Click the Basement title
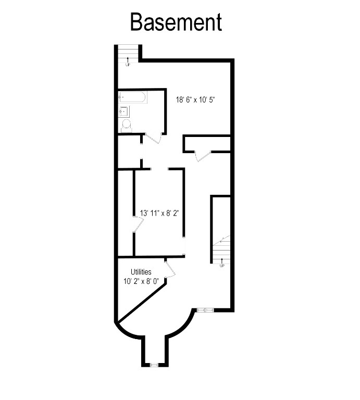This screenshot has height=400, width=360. (176, 22)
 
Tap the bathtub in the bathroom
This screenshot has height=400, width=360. (132, 97)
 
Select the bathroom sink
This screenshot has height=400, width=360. (124, 111)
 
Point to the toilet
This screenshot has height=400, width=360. (126, 124)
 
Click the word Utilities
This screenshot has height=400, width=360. (141, 272)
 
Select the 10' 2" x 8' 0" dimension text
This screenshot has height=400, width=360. (141, 282)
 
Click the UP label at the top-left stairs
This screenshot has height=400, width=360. (128, 64)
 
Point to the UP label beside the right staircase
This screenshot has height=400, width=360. (221, 266)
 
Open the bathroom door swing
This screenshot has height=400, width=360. (153, 139)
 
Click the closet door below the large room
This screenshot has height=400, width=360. (202, 156)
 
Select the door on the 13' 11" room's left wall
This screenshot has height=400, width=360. (138, 226)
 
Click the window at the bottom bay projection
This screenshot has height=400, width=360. (154, 365)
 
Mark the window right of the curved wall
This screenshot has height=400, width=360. (206, 310)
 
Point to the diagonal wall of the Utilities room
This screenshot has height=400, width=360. (142, 302)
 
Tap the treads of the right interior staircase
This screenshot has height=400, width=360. (221, 250)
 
